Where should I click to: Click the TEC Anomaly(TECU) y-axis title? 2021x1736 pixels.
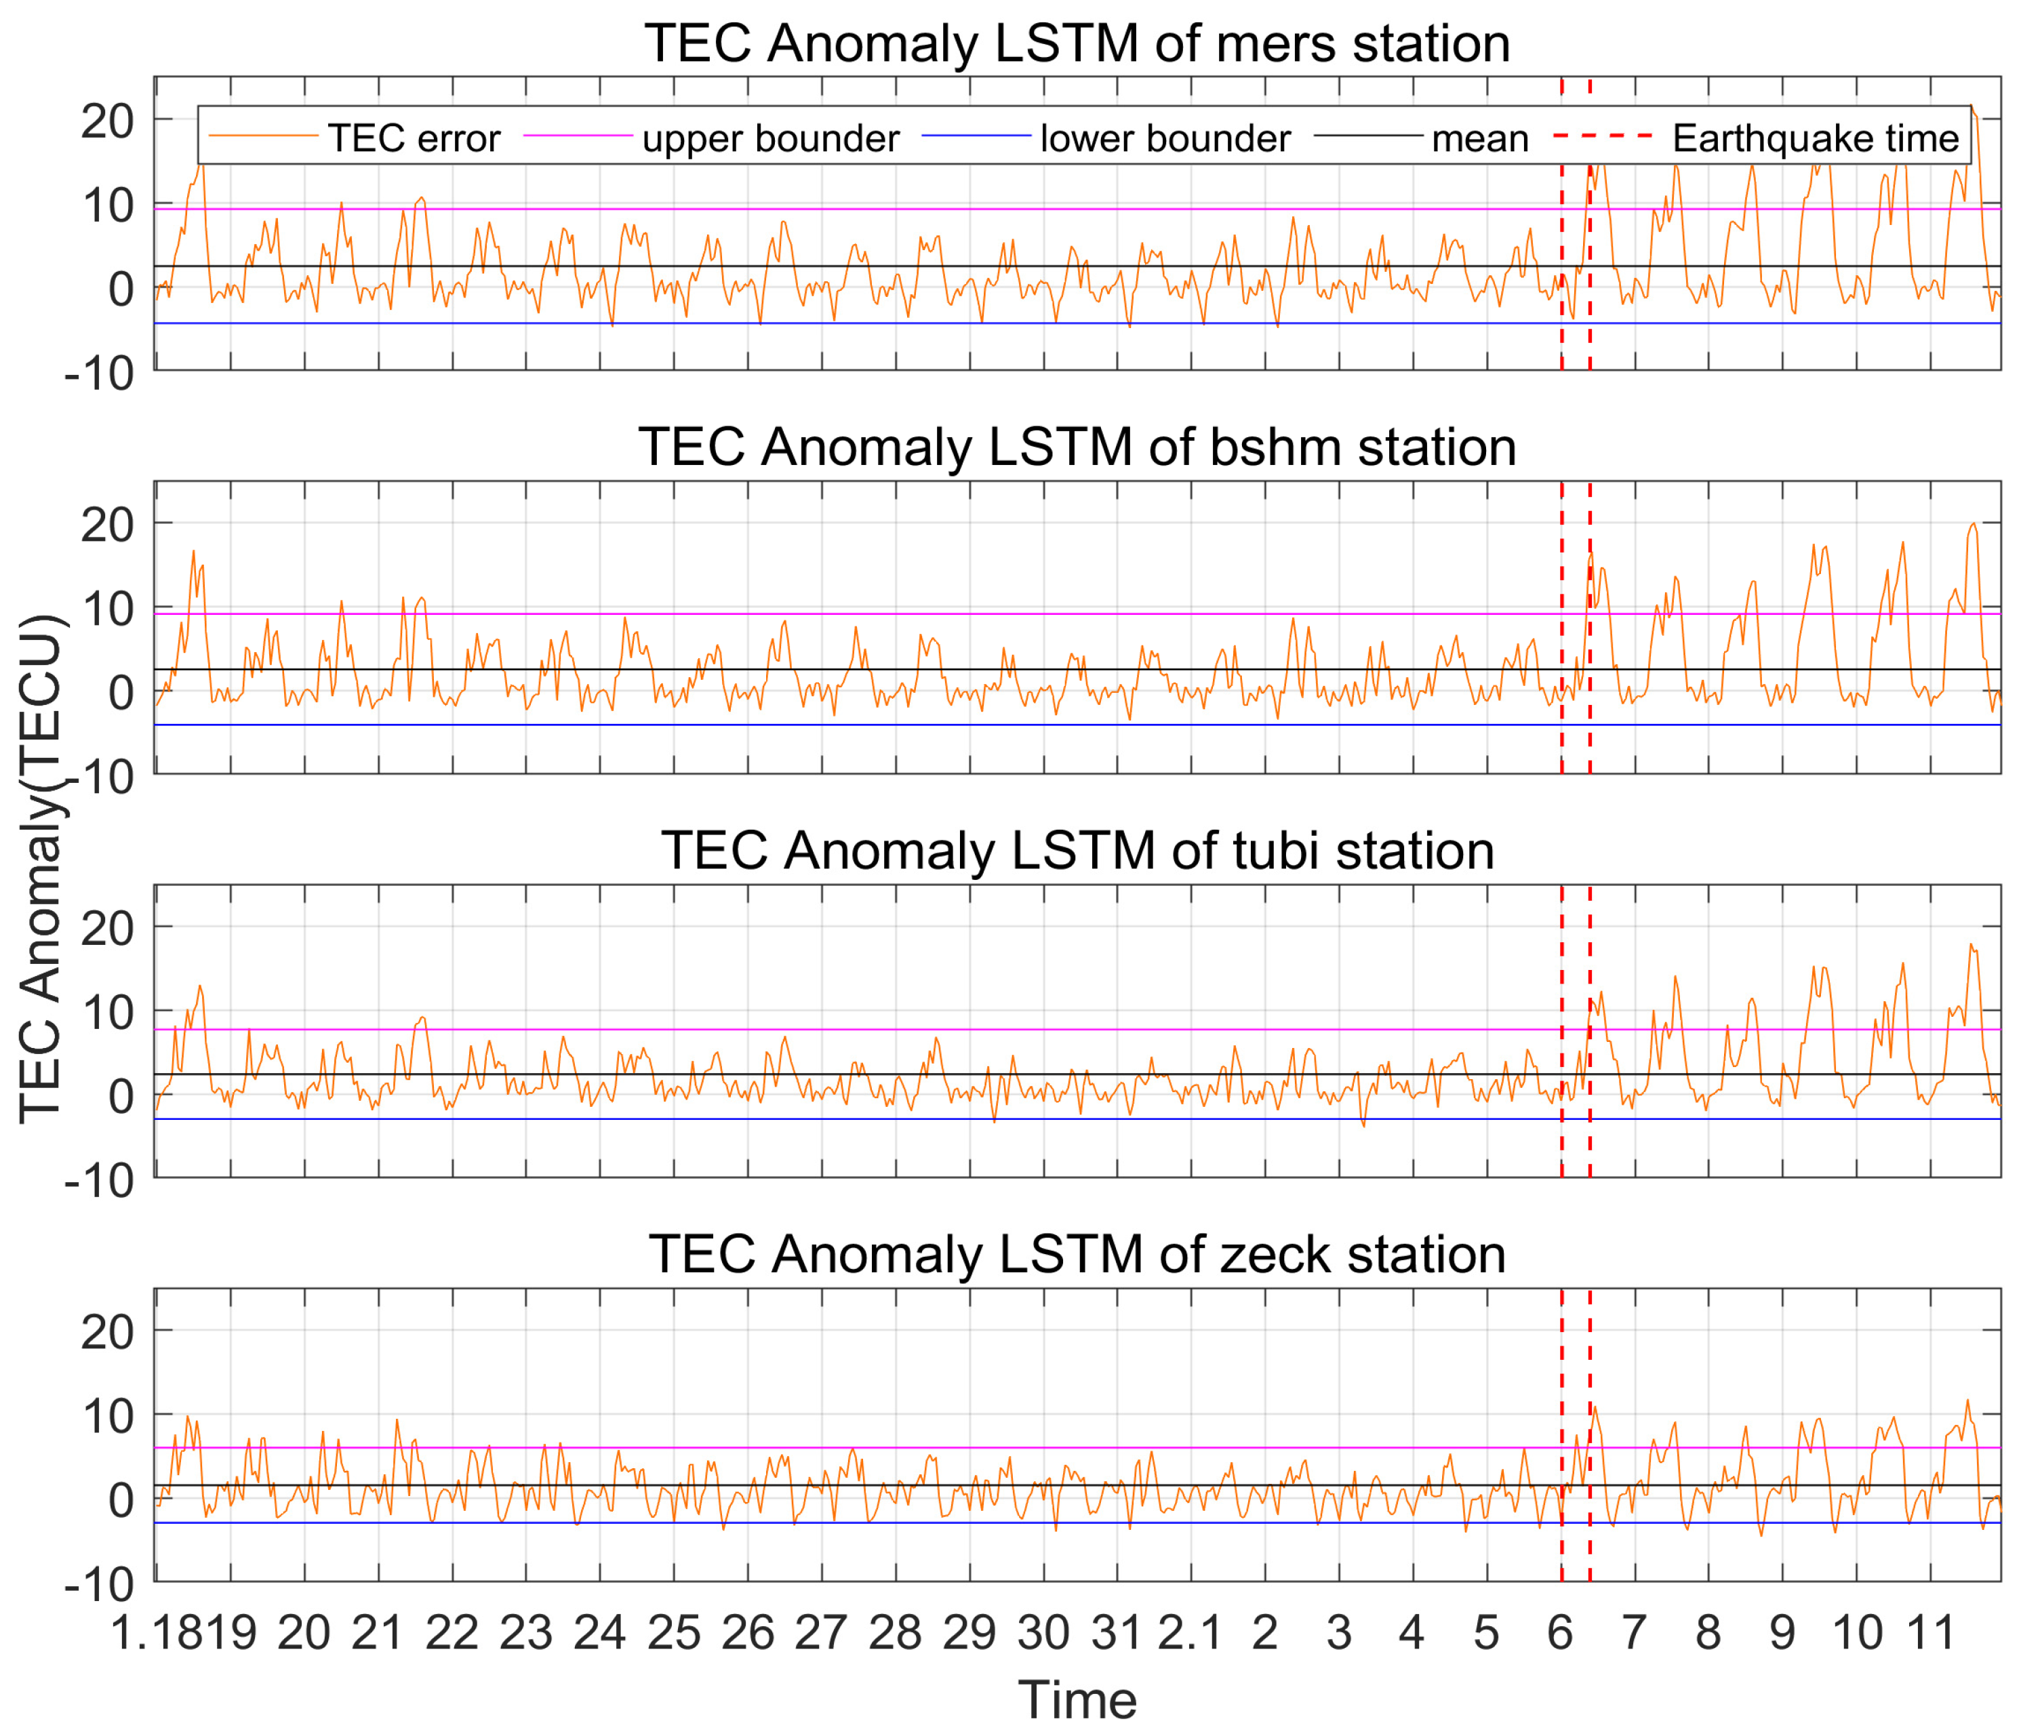pos(41,868)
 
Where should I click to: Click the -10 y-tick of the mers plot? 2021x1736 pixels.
pos(100,374)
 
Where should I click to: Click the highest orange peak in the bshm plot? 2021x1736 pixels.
pos(1972,524)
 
